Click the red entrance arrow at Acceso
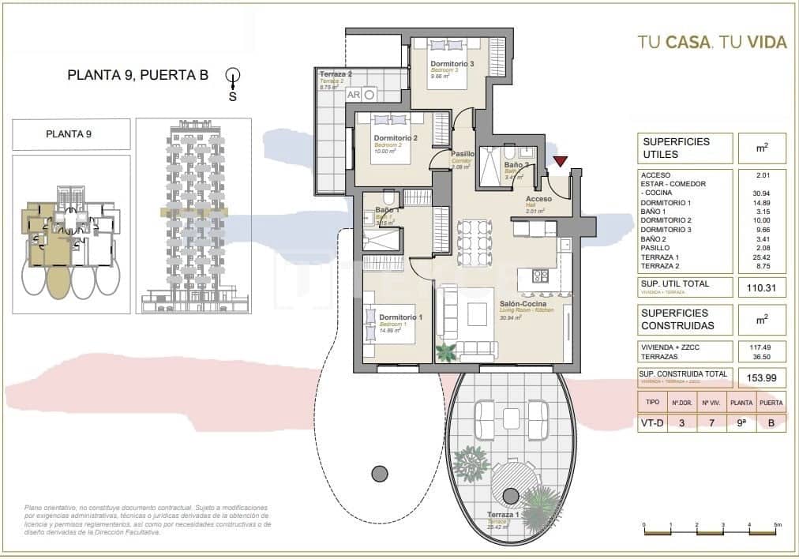561,162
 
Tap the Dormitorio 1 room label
400,317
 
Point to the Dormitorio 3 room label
452,64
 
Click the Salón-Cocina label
524,303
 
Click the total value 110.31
760,289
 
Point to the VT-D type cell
651,423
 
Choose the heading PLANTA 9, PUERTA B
137,76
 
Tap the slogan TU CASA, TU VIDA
712,43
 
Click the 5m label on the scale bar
777,525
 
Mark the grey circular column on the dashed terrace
380,473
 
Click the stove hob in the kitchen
541,276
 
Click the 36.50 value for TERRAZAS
760,356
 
